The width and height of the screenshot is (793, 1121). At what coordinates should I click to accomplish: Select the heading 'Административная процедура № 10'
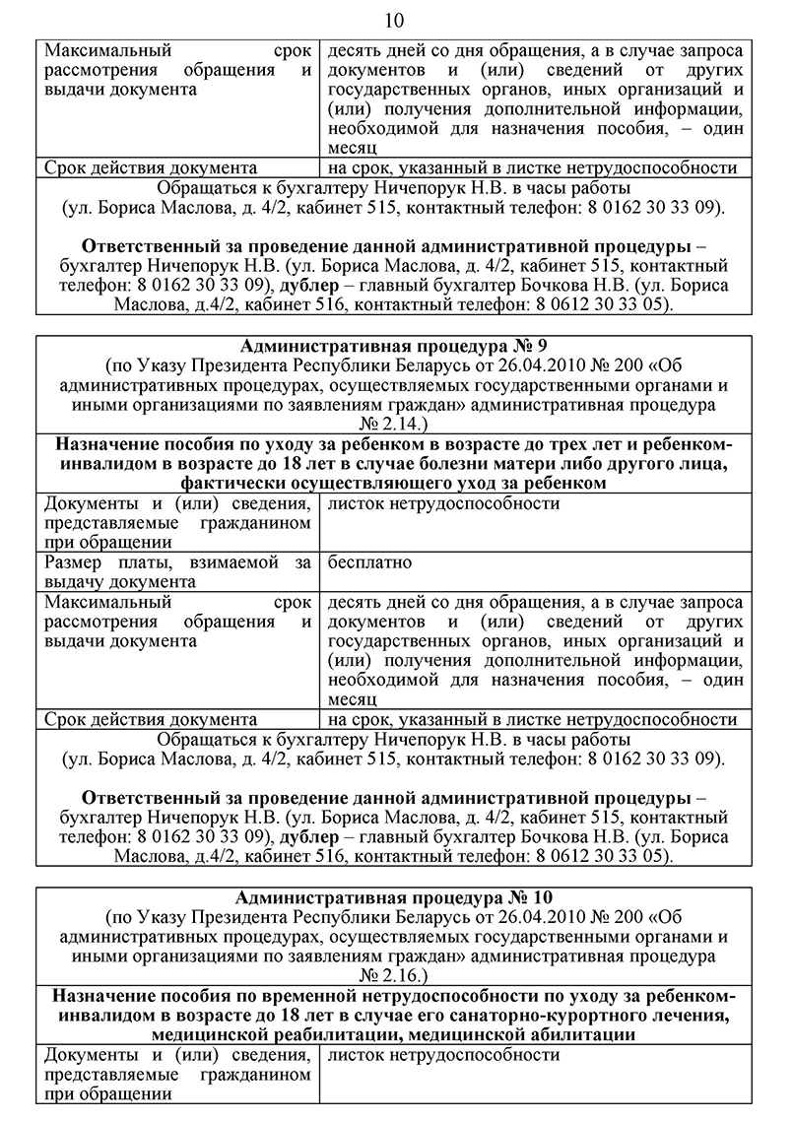[x=395, y=897]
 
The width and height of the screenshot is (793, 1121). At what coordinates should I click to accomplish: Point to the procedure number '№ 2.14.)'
[x=395, y=425]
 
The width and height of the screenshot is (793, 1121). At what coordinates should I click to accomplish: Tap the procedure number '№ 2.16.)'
[x=395, y=976]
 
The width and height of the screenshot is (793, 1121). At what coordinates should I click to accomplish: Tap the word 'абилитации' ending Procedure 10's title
[x=582, y=1034]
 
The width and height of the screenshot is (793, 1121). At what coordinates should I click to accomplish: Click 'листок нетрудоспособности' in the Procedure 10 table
[x=443, y=1055]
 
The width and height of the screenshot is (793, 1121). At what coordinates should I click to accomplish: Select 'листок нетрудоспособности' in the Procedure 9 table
[x=443, y=503]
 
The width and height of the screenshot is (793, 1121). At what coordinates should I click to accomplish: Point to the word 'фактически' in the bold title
[x=230, y=483]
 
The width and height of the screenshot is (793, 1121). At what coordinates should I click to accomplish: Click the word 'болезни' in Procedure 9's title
[x=433, y=464]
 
